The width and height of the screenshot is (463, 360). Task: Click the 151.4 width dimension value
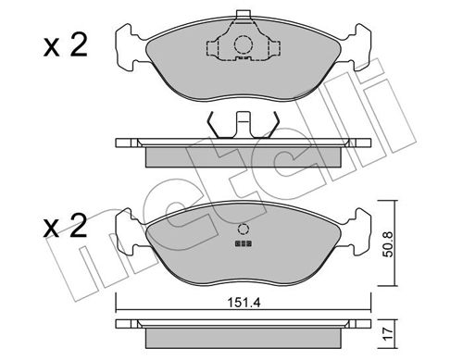(244, 303)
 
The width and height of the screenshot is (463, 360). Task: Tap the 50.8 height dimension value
(389, 244)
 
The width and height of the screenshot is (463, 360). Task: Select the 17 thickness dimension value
(389, 333)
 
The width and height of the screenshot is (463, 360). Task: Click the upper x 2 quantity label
(66, 45)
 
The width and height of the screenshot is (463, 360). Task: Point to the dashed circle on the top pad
(244, 45)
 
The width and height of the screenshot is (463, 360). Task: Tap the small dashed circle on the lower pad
(244, 230)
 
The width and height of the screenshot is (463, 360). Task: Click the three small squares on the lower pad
(244, 243)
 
